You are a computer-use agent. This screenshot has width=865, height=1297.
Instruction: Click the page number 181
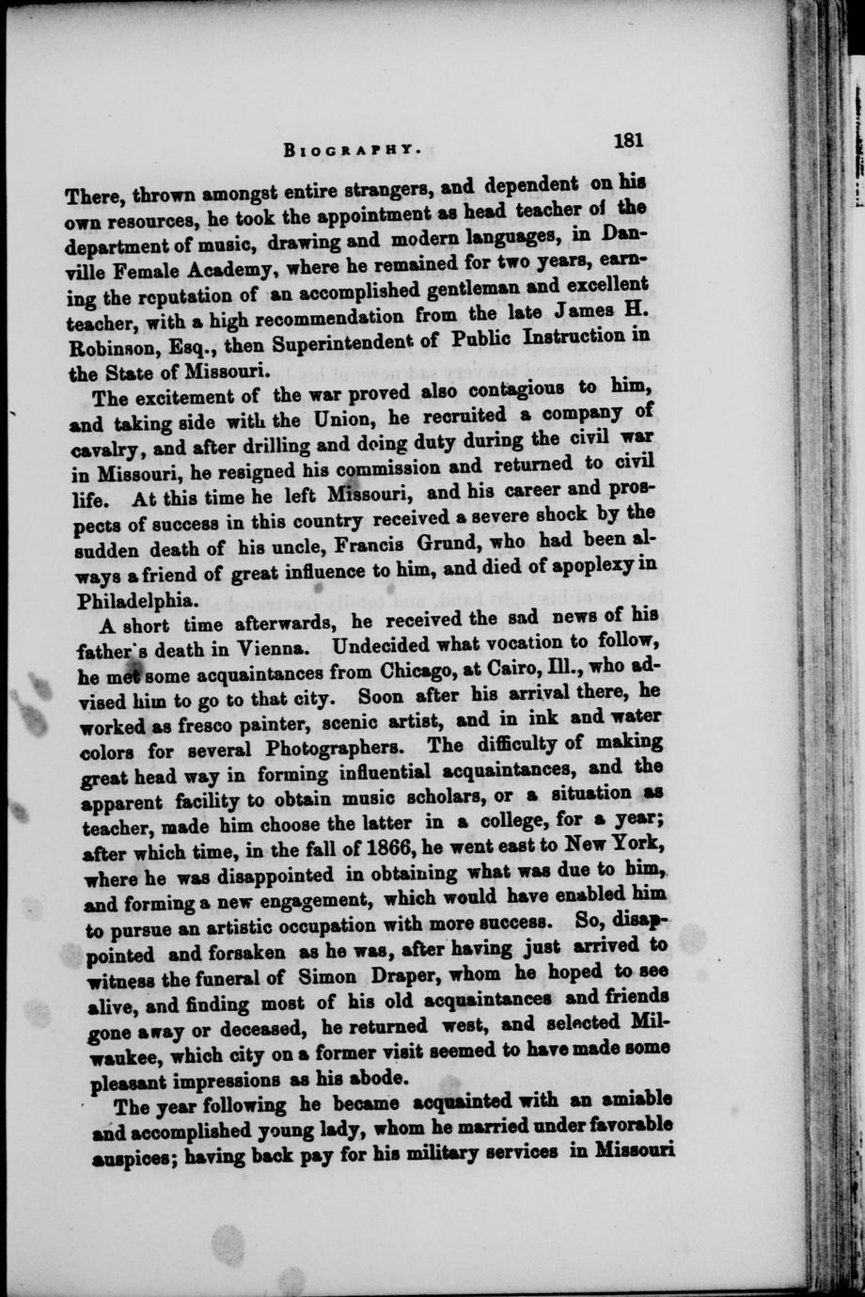pos(627,141)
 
